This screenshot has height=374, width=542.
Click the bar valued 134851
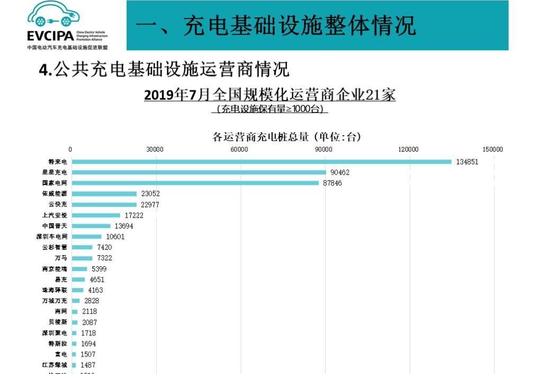261,162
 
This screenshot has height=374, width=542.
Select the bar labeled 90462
198,172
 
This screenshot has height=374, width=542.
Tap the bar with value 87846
195,183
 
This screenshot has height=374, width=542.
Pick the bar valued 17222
96,215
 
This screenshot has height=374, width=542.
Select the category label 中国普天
55,226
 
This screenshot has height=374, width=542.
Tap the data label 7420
104,247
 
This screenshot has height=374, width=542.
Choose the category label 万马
61,258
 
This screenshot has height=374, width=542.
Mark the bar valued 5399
79,269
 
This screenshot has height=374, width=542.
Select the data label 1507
88,354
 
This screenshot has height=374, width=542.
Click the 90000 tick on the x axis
324,149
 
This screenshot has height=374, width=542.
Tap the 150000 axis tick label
493,149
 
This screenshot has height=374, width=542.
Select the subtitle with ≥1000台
270,109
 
